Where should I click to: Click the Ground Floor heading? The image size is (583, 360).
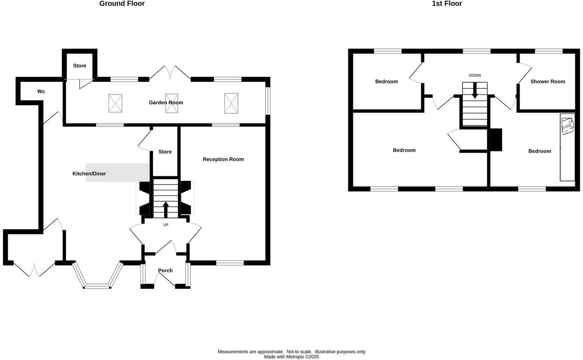coord(122,4)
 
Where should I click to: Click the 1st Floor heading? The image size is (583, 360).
coord(447,4)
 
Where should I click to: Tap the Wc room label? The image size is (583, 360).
coord(41,92)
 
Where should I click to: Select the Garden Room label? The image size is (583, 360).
coord(166,103)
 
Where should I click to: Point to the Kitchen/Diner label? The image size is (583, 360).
coord(89,174)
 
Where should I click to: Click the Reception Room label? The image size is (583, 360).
coord(223,160)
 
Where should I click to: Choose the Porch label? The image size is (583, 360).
coord(165,270)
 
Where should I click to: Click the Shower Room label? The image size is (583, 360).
coord(547,81)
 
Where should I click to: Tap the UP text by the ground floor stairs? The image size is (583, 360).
coord(166,225)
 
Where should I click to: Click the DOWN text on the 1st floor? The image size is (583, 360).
coord(475,76)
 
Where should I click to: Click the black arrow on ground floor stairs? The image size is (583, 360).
coord(166,209)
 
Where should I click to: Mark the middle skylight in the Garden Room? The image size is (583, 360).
coord(172,103)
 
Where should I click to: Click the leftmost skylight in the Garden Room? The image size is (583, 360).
coord(115,103)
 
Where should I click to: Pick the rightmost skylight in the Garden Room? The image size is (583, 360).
coord(231,103)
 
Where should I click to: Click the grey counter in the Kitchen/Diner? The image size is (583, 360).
coord(117,173)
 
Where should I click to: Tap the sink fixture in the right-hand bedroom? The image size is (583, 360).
coord(567,126)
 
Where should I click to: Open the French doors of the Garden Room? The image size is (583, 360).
coord(170,72)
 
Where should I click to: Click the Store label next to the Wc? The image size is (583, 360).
coord(79,66)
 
